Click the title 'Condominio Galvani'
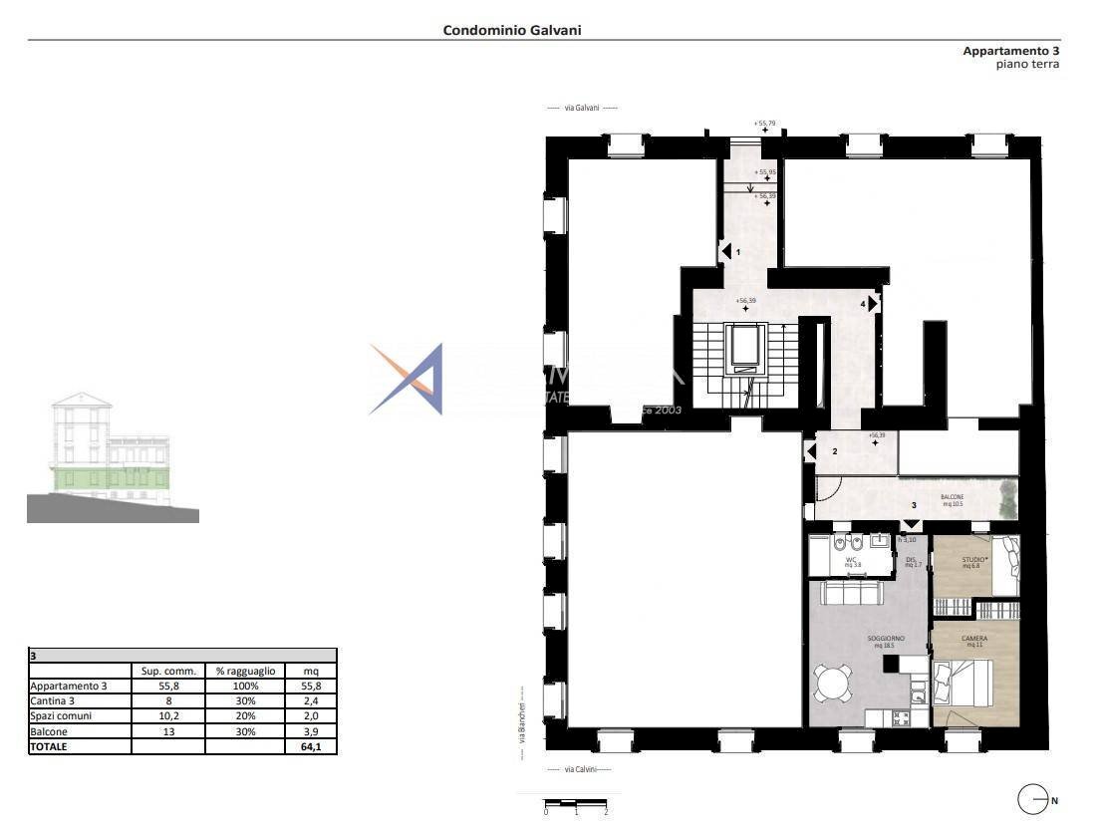pos(512,30)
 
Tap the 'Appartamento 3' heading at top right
pos(1010,51)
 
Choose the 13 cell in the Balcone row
pos(167,731)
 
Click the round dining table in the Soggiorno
pos(831,683)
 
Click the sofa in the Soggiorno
pos(851,594)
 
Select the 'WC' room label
pos(851,561)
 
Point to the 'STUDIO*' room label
pos(973,561)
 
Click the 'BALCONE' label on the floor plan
pos(952,497)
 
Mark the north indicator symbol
pos(1032,799)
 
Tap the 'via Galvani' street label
pos(582,108)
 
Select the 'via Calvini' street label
pos(582,769)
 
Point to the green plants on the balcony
pos(1006,497)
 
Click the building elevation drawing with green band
pos(113,458)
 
